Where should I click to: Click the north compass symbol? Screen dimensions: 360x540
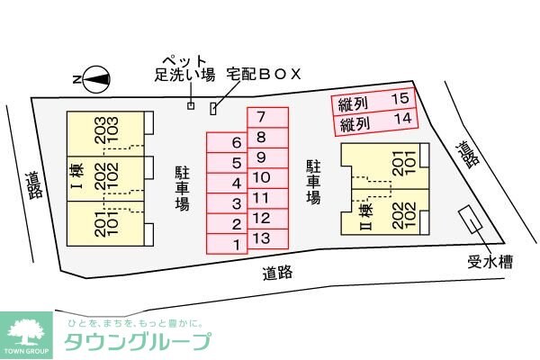(96, 79)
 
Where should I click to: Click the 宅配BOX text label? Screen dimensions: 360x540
(263, 71)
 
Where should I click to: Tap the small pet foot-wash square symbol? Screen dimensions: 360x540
(191, 106)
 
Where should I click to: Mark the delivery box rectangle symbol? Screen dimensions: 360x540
(213, 109)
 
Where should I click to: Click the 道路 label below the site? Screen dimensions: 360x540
(278, 272)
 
